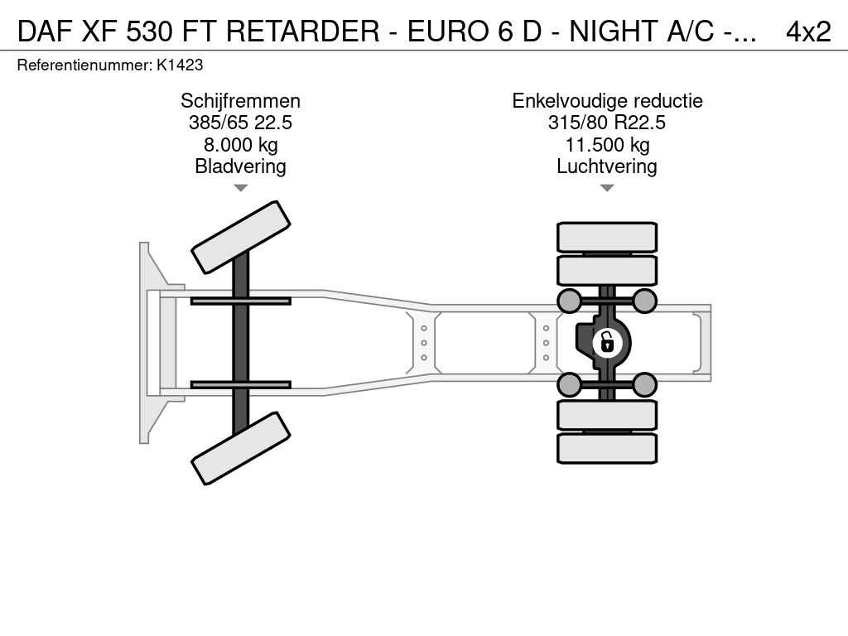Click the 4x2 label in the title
coord(808,31)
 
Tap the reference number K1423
coord(180,65)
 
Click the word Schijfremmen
coord(241,100)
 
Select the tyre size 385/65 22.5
coord(241,123)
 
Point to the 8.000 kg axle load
coord(241,144)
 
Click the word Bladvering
coord(241,166)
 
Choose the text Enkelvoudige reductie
coord(607,100)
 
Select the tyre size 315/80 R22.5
coord(607,123)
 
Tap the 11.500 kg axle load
coord(607,144)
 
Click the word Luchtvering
coord(607,166)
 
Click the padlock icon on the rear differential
coord(607,343)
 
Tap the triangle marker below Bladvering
coord(241,188)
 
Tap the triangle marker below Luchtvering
coord(607,188)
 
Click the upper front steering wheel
coord(241,238)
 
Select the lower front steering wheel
coord(241,448)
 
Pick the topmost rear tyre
coord(607,238)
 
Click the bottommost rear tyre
coord(607,448)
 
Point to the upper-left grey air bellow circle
coord(570,301)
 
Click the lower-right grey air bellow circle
coord(644,385)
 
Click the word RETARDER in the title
coord(303,31)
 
